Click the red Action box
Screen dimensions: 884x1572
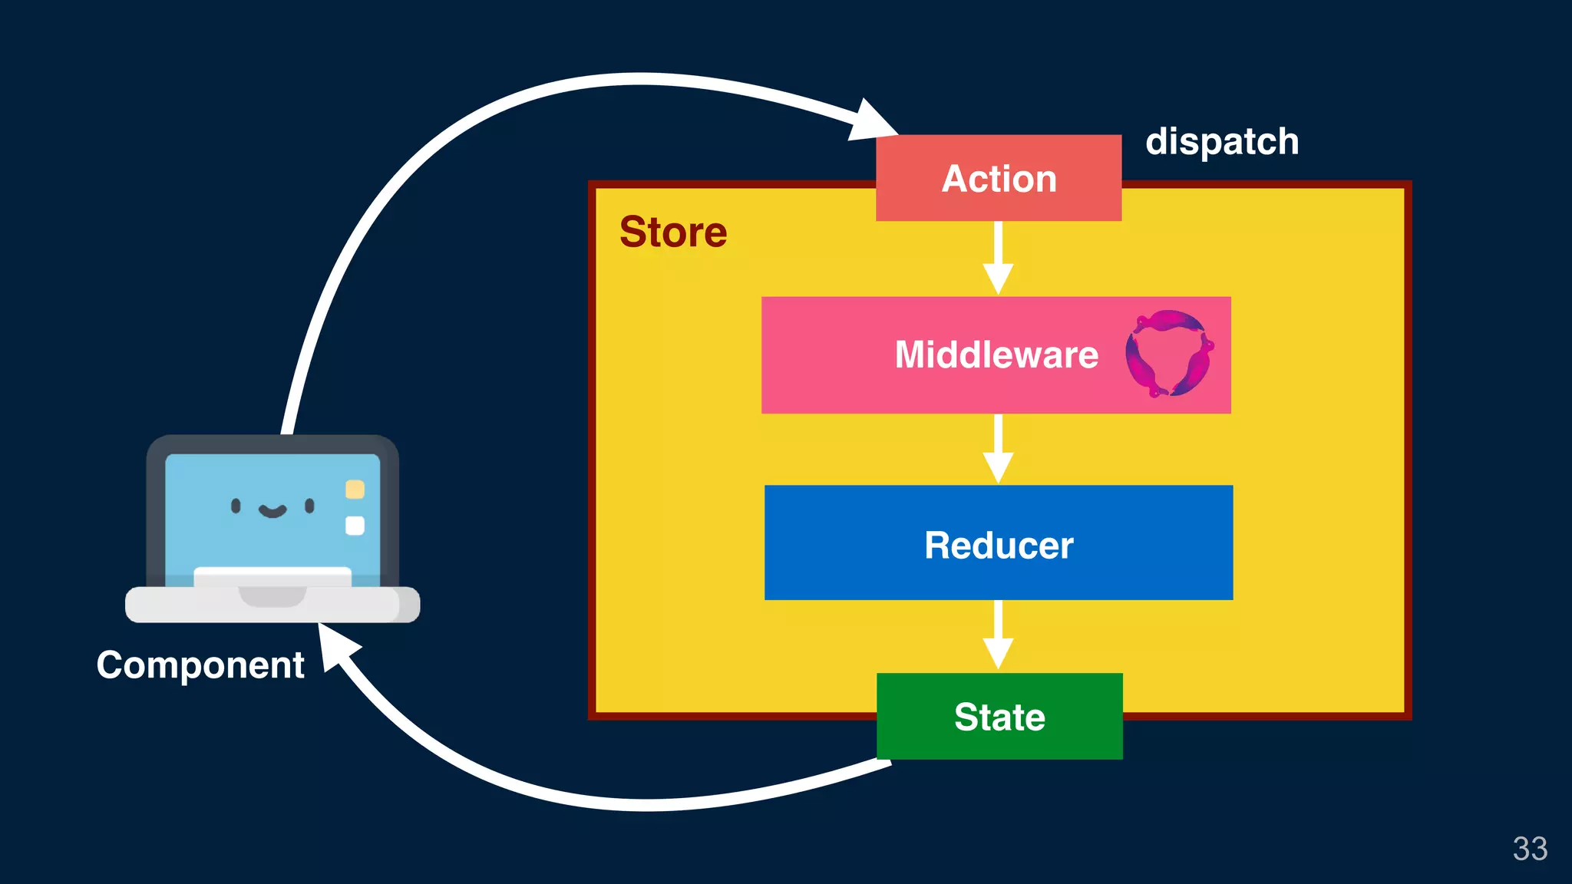pos(998,178)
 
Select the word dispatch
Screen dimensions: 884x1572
pos(1221,142)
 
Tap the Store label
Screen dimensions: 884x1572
pos(673,232)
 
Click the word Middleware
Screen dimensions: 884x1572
pos(996,355)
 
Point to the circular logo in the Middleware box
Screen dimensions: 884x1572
pos(1168,354)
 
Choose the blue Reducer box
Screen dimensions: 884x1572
pos(998,543)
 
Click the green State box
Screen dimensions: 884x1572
pos(999,717)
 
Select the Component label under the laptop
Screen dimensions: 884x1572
pos(200,665)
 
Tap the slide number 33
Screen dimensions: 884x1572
pos(1529,849)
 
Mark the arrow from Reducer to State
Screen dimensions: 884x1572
pos(998,637)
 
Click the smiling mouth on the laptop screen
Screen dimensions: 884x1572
pos(272,511)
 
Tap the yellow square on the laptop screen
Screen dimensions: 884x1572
pos(355,489)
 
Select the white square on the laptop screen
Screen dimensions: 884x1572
pos(355,526)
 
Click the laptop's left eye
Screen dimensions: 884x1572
pos(236,505)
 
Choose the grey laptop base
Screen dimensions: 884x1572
pos(272,605)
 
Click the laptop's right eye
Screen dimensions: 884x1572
pos(309,505)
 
